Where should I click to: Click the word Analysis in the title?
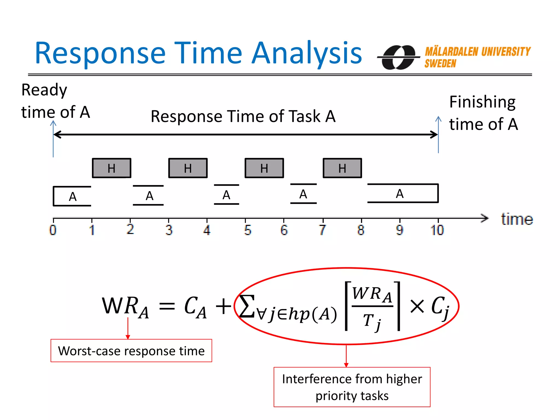pyautogui.click(x=307, y=53)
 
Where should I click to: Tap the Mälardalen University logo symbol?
pyautogui.click(x=399, y=57)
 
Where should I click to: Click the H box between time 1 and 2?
pyautogui.click(x=112, y=168)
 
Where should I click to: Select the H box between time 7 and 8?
pyautogui.click(x=342, y=168)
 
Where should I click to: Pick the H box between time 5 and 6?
pyautogui.click(x=264, y=168)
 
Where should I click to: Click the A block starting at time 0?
pyautogui.click(x=72, y=196)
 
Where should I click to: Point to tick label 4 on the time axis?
pyautogui.click(x=207, y=230)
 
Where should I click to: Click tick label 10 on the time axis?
pyautogui.click(x=437, y=230)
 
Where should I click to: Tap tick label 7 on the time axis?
pyautogui.click(x=323, y=230)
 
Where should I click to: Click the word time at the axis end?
pyautogui.click(x=517, y=219)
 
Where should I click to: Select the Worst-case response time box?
pyautogui.click(x=131, y=351)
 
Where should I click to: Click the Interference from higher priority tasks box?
pyautogui.click(x=352, y=387)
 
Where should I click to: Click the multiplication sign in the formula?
pyautogui.click(x=417, y=306)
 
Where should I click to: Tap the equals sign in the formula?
pyautogui.click(x=167, y=306)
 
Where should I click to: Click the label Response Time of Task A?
pyautogui.click(x=243, y=116)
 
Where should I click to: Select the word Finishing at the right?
pyautogui.click(x=482, y=102)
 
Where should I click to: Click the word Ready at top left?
pyautogui.click(x=44, y=90)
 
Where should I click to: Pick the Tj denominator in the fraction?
pyautogui.click(x=372, y=321)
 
